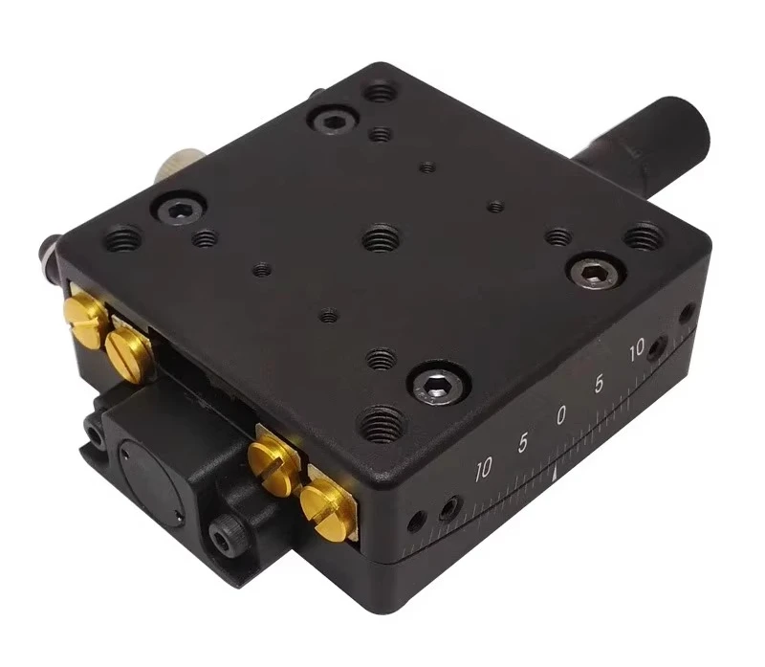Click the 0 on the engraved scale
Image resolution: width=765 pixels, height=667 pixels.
coord(561,415)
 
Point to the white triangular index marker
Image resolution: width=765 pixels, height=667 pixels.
coord(555,473)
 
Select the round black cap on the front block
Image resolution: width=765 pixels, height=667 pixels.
coord(149,481)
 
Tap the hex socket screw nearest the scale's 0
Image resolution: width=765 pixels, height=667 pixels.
coord(438,385)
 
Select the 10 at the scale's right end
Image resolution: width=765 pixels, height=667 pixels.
coord(637,350)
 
